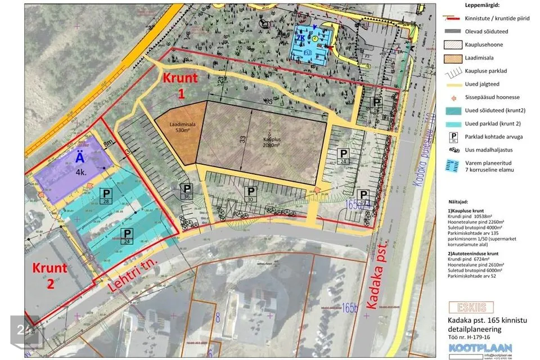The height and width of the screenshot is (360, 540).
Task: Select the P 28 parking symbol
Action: click(x=105, y=196)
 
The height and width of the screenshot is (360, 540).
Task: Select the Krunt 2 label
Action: click(x=49, y=275)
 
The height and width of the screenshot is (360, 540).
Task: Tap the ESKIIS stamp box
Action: click(x=471, y=307)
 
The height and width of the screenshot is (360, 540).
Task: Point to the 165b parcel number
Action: click(x=349, y=308)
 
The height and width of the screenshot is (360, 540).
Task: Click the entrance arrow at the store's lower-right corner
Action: click(x=319, y=190)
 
